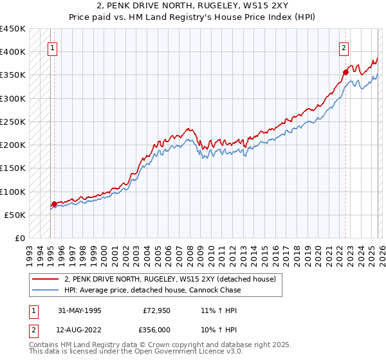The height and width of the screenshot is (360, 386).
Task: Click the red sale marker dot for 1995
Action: click(x=54, y=204)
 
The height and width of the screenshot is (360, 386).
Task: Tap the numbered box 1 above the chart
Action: click(x=51, y=47)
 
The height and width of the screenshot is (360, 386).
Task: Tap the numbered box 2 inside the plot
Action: click(x=344, y=47)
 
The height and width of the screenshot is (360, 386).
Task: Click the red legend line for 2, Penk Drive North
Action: click(x=45, y=279)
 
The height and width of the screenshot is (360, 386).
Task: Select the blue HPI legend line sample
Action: click(x=45, y=290)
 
